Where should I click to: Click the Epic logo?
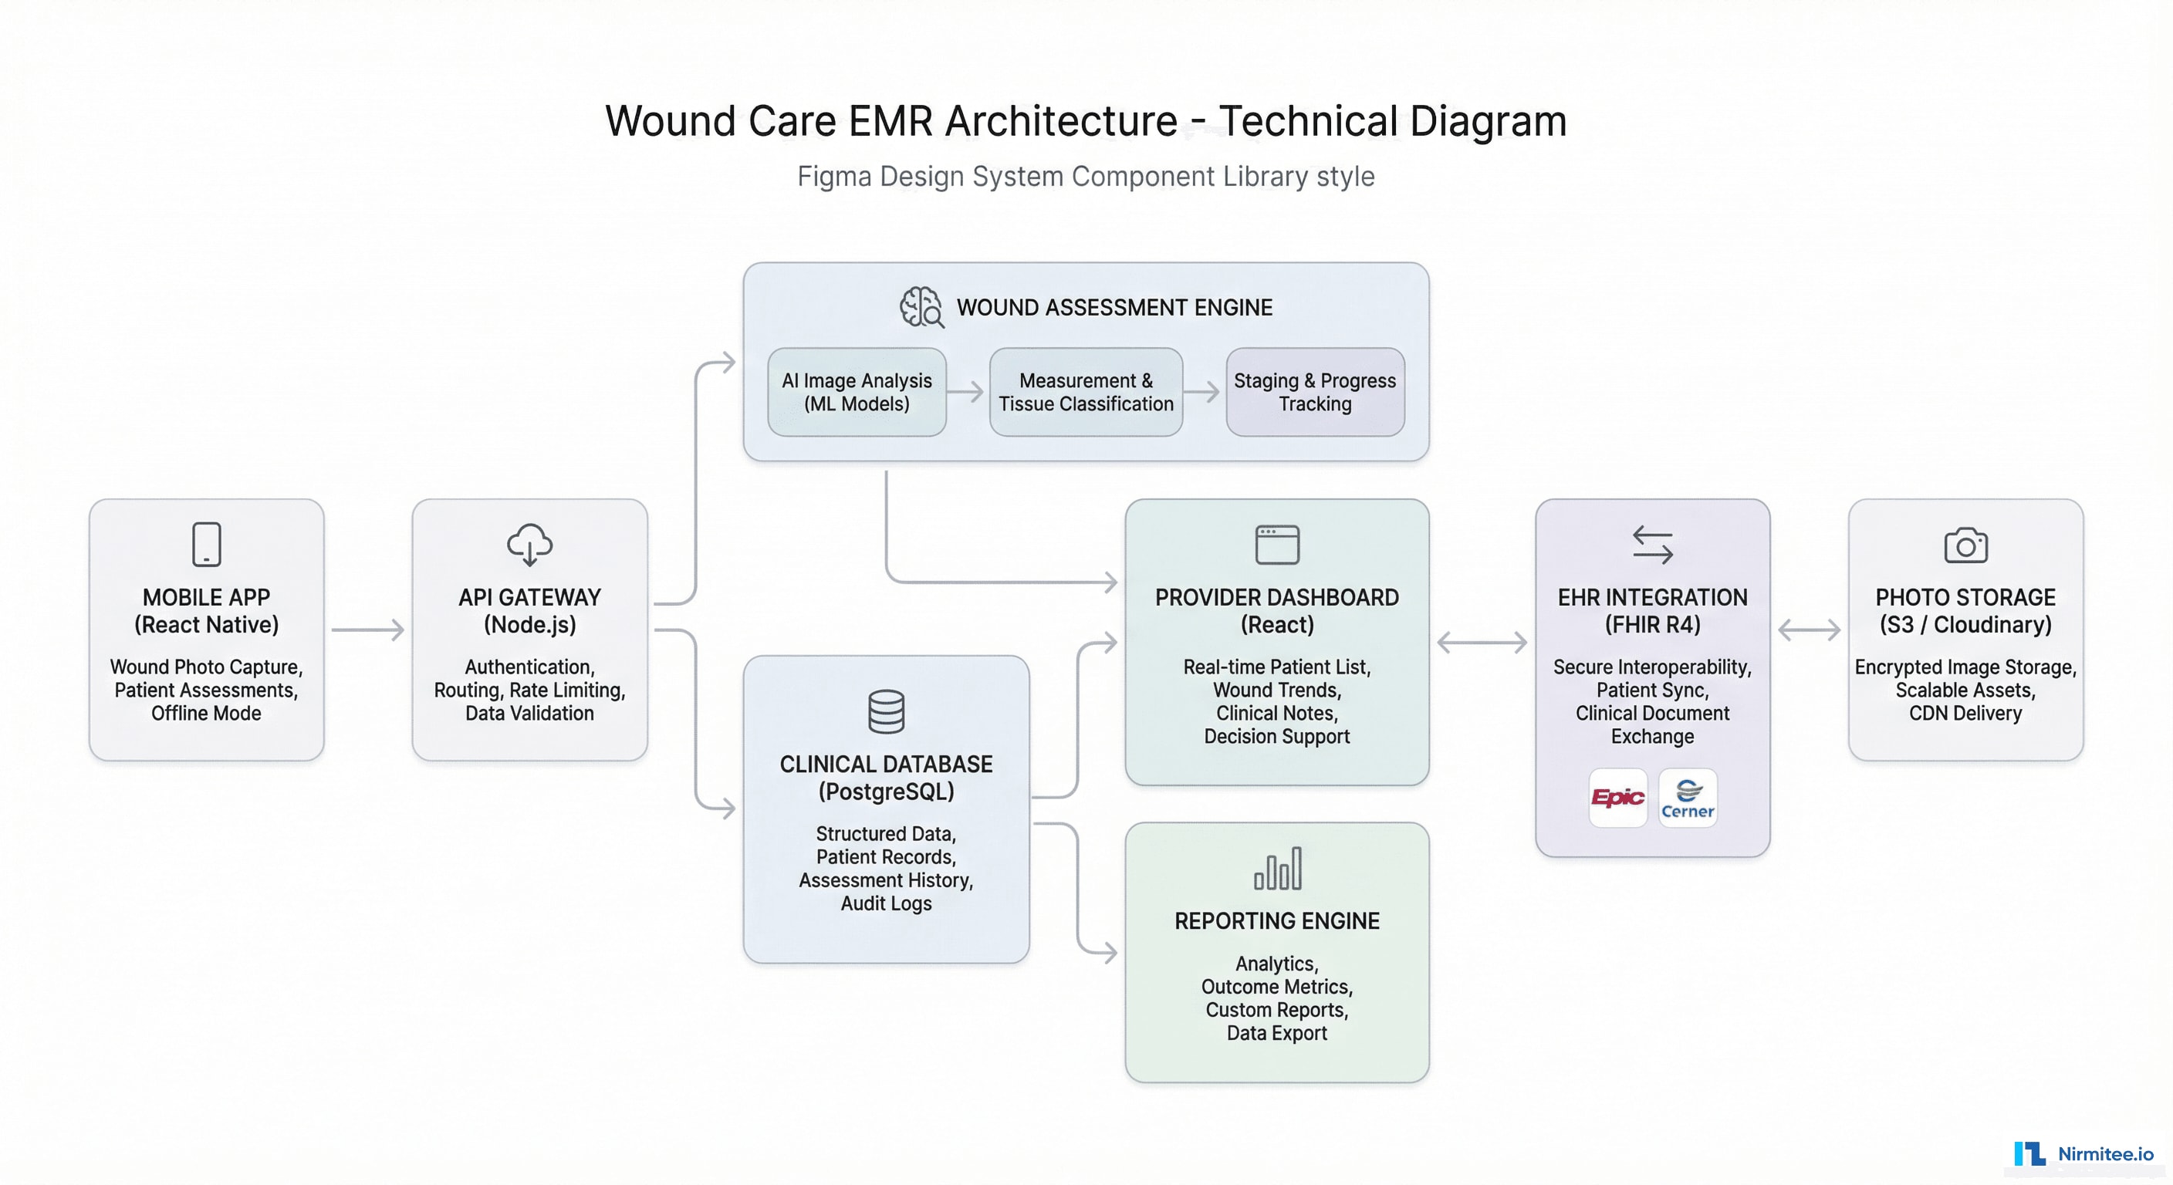(1617, 797)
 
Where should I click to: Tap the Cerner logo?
(1687, 798)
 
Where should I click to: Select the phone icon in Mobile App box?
(207, 544)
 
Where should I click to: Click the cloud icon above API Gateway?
(530, 544)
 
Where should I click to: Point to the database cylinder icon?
(886, 711)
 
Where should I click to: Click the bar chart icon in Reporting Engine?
(1277, 869)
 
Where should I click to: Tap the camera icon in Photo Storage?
(1965, 545)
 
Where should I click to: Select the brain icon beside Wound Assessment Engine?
(921, 307)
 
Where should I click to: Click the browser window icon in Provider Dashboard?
(1277, 545)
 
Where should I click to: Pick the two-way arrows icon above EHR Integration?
(1651, 545)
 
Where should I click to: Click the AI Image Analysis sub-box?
(857, 392)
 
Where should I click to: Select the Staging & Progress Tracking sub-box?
(1314, 392)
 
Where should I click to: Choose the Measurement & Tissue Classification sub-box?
(1086, 392)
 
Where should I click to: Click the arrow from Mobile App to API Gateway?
(368, 630)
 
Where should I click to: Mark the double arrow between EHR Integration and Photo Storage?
(1809, 630)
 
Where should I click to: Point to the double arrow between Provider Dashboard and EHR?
(1482, 643)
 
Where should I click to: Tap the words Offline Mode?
(206, 714)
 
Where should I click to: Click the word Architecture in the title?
(1060, 120)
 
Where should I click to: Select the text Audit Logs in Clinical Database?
(886, 903)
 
